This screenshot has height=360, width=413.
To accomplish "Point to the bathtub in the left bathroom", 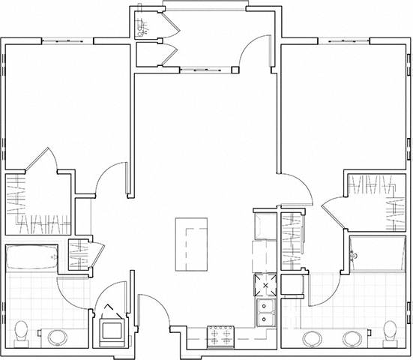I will [x=31, y=258].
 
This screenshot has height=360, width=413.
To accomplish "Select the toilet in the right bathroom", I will [x=389, y=331].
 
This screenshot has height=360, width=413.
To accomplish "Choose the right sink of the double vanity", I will [x=352, y=337].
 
